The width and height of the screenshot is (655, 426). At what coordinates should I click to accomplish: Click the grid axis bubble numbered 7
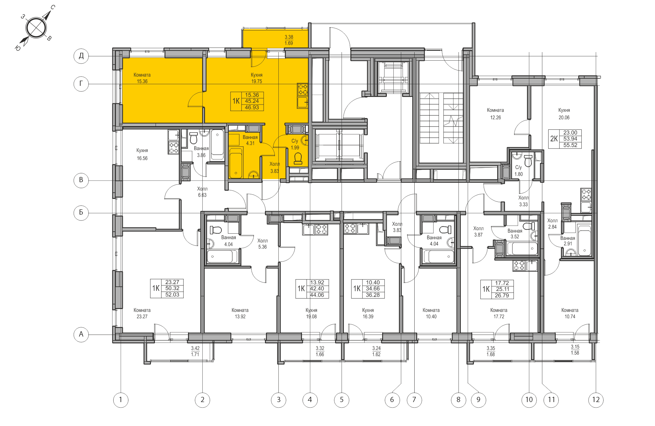pos(414,400)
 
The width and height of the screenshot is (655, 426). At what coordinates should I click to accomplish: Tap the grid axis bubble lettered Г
pos(81,84)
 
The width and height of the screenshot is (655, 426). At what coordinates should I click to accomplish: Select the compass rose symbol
pos(36,28)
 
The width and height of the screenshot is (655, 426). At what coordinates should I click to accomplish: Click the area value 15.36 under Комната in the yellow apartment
pos(142,82)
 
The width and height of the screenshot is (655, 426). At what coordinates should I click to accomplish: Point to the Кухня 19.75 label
pos(257,78)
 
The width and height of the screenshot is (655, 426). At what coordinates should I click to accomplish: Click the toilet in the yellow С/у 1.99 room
pos(298,158)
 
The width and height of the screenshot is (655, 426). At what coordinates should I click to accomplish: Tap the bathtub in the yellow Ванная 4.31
pos(236,163)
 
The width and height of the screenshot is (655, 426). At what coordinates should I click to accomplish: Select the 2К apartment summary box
pos(565,139)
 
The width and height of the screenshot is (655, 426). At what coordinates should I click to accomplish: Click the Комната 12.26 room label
pos(495,114)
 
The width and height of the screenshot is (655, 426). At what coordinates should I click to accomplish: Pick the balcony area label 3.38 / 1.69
pos(289,40)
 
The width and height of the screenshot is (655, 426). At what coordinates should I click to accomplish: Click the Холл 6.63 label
pos(202,192)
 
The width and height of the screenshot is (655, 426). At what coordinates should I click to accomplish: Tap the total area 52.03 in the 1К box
pos(172,295)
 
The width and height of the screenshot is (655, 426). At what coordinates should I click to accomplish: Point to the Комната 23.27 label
pos(142,313)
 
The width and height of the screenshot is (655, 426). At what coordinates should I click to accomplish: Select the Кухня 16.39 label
pos(368,313)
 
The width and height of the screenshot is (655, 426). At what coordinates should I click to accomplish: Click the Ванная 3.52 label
pos(515,234)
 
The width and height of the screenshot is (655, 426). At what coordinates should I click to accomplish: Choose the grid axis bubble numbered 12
pos(596,400)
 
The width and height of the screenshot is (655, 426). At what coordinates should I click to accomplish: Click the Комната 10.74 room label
pos(570,313)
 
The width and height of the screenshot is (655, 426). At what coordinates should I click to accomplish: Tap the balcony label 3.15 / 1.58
pos(575,350)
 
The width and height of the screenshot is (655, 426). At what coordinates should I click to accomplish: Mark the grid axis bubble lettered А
pos(81,335)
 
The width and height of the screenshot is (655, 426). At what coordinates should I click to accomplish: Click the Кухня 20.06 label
pos(564,114)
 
